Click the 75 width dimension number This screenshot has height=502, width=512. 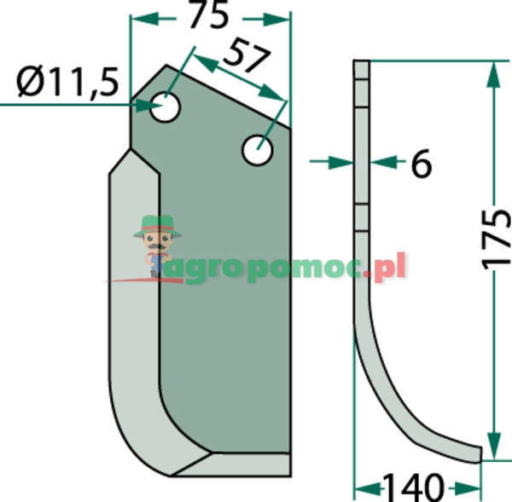(208, 15)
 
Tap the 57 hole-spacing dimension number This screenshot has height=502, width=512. (247, 55)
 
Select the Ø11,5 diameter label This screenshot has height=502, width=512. (67, 82)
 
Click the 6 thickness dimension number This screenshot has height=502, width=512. (422, 163)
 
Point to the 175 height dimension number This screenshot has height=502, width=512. (497, 240)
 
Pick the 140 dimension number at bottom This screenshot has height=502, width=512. (413, 488)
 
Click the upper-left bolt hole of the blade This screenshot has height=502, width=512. (165, 107)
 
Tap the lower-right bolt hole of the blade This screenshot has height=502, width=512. (258, 150)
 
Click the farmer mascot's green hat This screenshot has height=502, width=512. (157, 226)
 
